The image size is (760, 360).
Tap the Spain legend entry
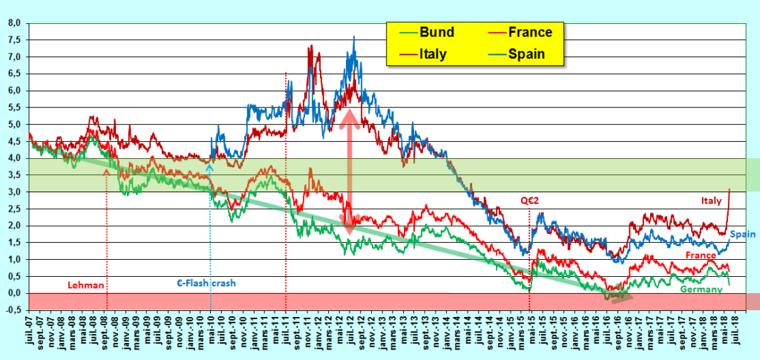point(528,53)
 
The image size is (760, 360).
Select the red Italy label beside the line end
point(710,200)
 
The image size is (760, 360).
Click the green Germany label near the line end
point(701,289)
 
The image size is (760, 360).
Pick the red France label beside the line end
point(700,255)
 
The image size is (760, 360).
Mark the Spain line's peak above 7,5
point(354,36)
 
